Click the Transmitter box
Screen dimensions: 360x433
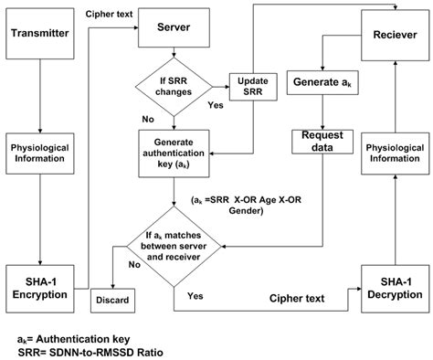[x=38, y=34]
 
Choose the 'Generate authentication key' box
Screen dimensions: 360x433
[x=174, y=147]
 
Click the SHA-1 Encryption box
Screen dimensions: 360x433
[x=38, y=282]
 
